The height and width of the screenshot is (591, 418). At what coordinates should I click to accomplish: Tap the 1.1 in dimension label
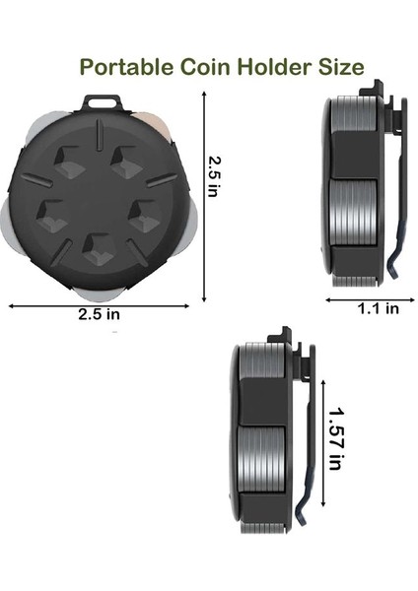(378, 308)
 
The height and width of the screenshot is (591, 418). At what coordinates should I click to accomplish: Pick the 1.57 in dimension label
(336, 439)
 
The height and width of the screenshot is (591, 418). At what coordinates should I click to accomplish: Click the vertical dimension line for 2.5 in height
(204, 197)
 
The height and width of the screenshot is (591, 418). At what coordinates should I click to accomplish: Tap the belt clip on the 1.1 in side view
(395, 197)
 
